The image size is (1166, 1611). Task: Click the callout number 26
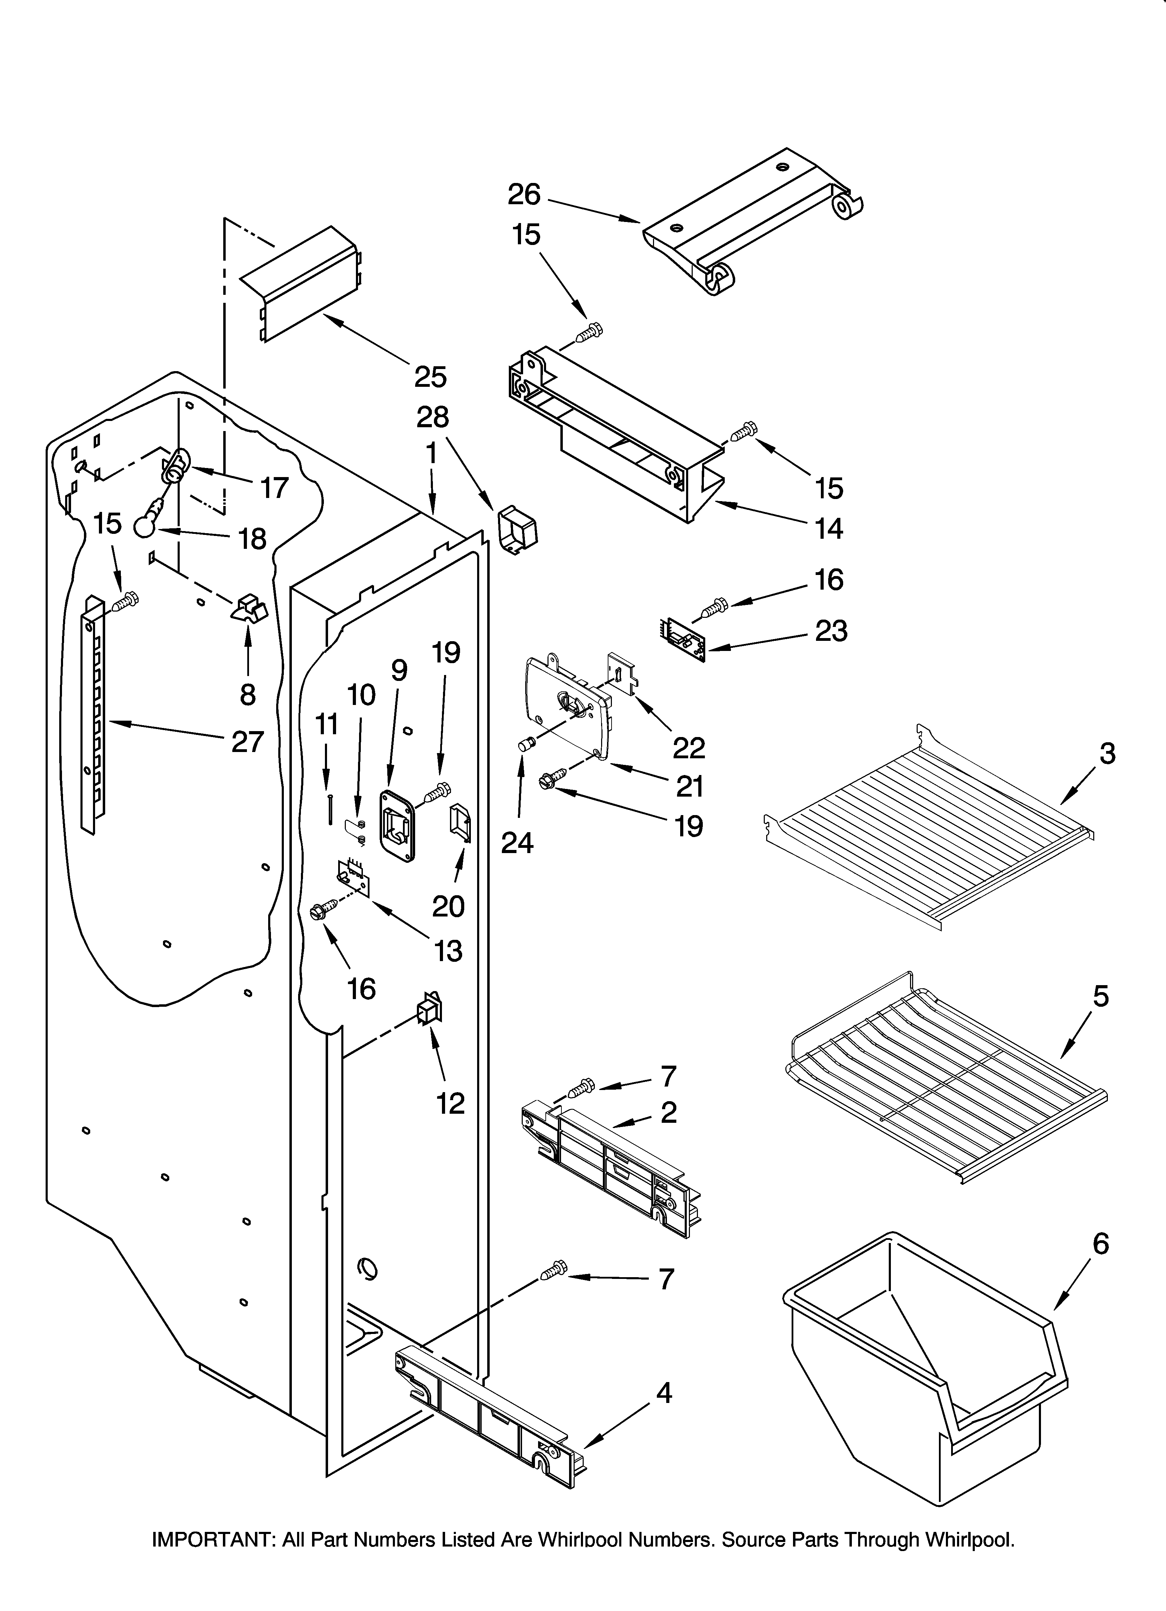point(524,194)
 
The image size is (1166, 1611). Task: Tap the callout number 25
point(430,376)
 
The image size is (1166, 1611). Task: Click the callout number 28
point(433,417)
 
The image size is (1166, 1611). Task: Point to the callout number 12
point(450,1103)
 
